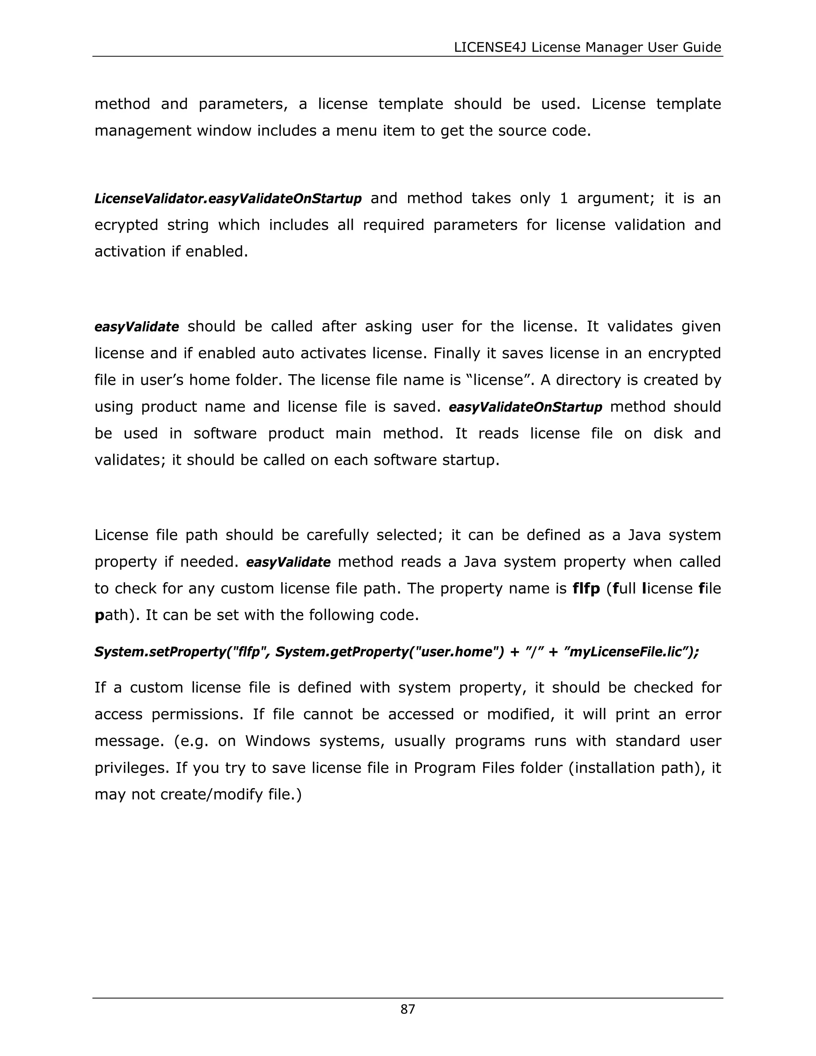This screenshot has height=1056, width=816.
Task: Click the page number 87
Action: coord(408,1009)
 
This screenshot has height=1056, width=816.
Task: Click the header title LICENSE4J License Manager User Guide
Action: coord(587,47)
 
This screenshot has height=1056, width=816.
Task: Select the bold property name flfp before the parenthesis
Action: coord(586,589)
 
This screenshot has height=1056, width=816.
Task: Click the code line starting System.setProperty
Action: coord(396,652)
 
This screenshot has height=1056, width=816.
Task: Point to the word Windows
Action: coord(277,741)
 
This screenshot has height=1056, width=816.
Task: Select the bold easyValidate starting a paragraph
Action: coord(137,327)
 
